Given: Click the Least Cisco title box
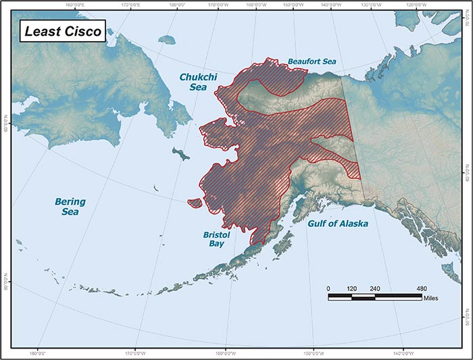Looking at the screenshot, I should click(x=62, y=31).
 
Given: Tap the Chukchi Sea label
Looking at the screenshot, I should click(x=193, y=82).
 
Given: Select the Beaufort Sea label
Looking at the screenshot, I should click(x=312, y=61).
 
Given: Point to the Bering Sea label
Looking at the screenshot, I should click(x=70, y=207).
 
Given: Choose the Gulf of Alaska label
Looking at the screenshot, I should click(x=338, y=223).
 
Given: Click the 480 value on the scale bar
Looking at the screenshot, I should click(x=421, y=288).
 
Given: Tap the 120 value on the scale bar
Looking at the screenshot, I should click(x=351, y=288).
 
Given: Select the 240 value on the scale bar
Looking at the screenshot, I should click(x=374, y=288).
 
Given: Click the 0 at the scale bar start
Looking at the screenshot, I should click(x=328, y=288).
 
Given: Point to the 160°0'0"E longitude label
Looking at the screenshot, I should click(x=76, y=5).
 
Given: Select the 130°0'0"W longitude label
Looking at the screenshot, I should click(x=377, y=5).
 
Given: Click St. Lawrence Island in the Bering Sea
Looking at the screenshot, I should click(x=180, y=154).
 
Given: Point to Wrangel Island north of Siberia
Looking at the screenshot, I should click(x=166, y=39).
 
